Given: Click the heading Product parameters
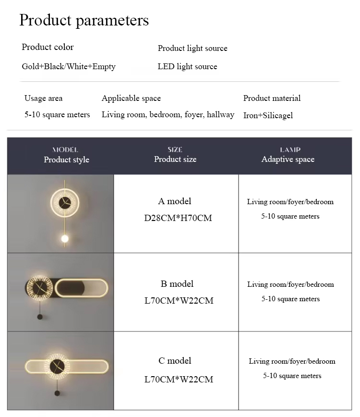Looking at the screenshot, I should pos(84,21).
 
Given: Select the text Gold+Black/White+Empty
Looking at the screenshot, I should pos(69,66).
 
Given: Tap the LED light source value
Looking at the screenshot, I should pos(187,66).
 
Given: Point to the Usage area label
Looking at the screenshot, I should pos(43,98).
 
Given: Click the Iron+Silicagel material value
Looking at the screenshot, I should pos(268,115).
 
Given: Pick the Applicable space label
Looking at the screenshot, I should pos(131,98).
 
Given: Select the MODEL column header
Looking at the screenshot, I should pos(65,150).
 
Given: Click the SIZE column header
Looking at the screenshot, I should pos(175,150).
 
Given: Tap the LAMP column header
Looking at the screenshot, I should pos(290,150).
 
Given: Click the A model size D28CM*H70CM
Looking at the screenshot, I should pos(178,218).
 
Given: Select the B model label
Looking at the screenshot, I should pos(177,283).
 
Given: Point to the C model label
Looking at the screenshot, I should pos(175,360).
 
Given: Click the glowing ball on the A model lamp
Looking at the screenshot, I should pos(64,238).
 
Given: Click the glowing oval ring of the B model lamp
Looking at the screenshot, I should pos(82,288).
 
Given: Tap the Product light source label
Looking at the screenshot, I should pos(192,48).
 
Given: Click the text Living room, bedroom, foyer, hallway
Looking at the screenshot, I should pos(168,114).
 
